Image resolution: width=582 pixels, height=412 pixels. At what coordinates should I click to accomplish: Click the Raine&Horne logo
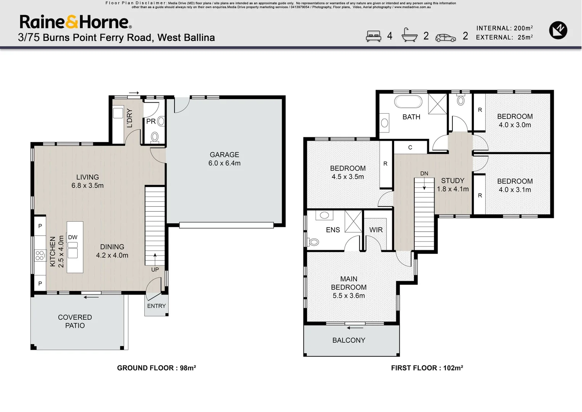click(x=75, y=22)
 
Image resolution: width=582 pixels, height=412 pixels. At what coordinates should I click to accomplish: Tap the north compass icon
click(x=558, y=30)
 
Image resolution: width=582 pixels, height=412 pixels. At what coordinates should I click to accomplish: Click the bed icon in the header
click(x=373, y=36)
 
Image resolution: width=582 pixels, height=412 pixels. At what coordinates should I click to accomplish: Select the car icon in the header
click(x=445, y=37)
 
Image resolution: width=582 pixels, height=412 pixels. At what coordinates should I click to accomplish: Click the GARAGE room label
click(x=224, y=154)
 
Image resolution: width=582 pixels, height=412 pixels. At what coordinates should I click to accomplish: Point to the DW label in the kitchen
click(x=72, y=237)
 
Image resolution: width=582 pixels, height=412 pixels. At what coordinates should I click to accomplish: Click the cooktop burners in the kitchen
click(x=39, y=256)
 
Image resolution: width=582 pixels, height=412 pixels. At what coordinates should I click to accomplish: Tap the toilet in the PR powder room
click(x=155, y=137)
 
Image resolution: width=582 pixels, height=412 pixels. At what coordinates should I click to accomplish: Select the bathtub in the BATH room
click(x=408, y=102)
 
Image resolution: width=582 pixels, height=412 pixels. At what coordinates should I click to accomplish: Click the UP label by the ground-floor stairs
click(x=155, y=269)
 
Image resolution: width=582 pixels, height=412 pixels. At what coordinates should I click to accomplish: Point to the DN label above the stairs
click(x=424, y=174)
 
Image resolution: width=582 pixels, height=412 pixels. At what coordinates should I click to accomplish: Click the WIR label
click(x=375, y=230)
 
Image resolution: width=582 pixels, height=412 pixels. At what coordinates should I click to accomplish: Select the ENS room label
click(x=333, y=230)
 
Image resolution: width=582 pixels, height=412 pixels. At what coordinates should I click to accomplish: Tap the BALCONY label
click(x=348, y=340)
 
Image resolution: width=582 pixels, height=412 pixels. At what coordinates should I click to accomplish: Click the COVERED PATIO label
click(x=75, y=321)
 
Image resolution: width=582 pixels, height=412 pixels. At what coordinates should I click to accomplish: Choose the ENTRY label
click(x=156, y=306)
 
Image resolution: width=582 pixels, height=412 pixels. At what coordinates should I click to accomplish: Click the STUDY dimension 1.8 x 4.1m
click(x=452, y=189)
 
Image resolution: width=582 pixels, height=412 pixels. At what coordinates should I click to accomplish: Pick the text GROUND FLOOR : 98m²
click(x=156, y=368)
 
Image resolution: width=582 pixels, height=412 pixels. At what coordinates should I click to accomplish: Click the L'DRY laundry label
click(x=130, y=118)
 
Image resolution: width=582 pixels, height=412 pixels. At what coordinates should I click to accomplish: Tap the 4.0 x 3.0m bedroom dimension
click(x=515, y=125)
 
